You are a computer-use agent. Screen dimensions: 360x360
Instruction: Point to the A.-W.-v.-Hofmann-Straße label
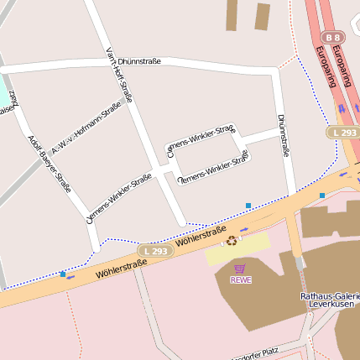tap(86, 128)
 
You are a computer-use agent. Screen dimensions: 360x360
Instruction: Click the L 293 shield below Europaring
tap(342, 133)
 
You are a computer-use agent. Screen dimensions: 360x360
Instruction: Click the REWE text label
tap(241, 279)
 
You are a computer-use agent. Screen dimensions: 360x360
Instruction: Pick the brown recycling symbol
tap(231, 242)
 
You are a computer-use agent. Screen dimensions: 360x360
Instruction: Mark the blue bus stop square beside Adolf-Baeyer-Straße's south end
tap(63, 274)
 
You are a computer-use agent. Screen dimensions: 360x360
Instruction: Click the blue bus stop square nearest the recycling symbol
tap(248, 205)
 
